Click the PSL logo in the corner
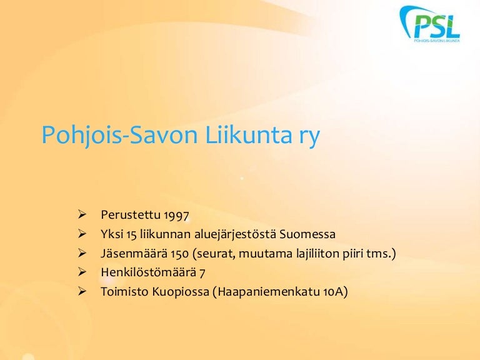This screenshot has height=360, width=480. point(430,24)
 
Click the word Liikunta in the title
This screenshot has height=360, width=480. point(248,135)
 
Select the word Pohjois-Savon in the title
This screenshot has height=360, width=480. point(120,136)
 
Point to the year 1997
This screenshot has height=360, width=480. point(176,215)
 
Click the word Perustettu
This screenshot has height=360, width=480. point(131,215)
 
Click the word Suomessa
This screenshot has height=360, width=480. point(307,234)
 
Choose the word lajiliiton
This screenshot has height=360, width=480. point(317,254)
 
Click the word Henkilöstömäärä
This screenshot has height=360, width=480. point(148,272)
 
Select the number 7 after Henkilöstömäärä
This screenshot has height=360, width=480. point(202,272)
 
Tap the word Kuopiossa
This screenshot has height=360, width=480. point(181,292)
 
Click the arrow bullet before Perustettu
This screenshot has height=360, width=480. point(82,214)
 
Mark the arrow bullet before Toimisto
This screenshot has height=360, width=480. point(82,291)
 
